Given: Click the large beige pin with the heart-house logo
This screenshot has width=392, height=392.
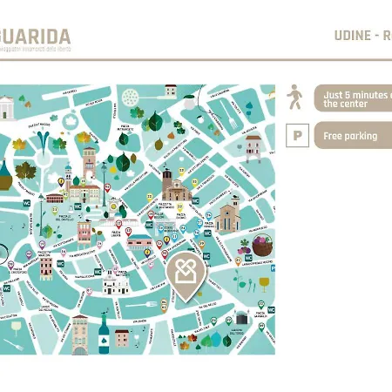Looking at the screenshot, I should click(182, 274).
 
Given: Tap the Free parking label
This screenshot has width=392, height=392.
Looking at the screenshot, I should click(350, 136).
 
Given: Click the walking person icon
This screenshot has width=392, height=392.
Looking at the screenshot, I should click(296, 96).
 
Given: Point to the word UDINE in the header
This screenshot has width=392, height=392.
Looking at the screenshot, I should click(352, 36).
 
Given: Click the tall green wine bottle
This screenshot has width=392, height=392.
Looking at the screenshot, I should click(104, 334).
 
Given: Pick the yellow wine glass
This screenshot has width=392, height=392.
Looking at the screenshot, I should click(264, 284).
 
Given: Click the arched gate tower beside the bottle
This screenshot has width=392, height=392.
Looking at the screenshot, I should click(80, 334).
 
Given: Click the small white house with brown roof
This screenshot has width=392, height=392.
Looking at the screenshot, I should click(171, 91).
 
